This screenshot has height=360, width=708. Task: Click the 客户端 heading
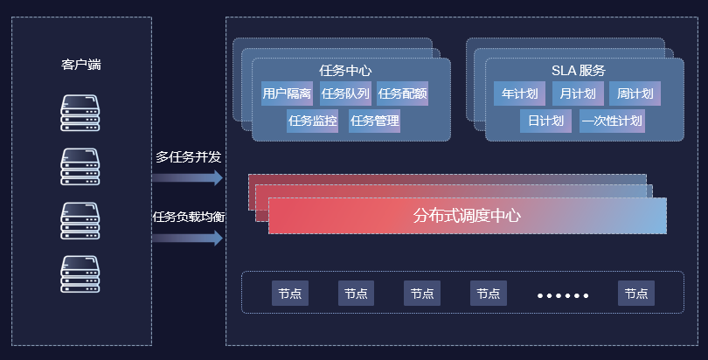coord(80,65)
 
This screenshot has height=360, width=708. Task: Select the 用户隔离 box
coord(287,93)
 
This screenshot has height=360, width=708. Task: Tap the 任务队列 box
coord(345,93)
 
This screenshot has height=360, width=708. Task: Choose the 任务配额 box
coord(403,93)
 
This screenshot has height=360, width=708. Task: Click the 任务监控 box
coord(313,121)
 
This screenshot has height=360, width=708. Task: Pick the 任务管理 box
coord(375,121)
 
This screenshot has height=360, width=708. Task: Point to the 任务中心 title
coord(347,71)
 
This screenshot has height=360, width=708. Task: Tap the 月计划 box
coord(578,93)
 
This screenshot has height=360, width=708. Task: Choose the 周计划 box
coord(635,93)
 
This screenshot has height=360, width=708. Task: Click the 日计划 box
coord(545,121)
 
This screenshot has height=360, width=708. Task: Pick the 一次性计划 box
coord(612,121)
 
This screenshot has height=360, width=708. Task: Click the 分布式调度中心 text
coord(467,216)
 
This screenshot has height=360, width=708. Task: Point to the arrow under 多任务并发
coord(187,178)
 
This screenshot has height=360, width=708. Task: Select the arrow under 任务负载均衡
coord(187,238)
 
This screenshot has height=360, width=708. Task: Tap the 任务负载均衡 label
coord(189,217)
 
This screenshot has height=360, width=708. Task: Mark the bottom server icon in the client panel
coord(80,273)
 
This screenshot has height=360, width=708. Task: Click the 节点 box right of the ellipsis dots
coord(635,294)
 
